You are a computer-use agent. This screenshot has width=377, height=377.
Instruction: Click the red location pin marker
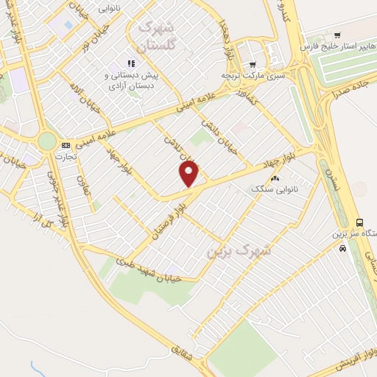point(189,174)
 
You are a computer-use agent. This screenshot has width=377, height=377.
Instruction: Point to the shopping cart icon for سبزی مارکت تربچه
point(253,64)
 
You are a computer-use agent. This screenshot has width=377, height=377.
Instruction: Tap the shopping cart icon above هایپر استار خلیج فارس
point(337,35)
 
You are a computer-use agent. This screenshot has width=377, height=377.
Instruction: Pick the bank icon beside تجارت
point(66,145)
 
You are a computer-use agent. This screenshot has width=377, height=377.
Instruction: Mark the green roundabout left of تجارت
point(47,141)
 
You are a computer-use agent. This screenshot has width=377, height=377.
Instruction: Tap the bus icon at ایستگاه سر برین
point(359,222)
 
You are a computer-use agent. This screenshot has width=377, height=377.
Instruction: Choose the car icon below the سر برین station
point(342,248)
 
